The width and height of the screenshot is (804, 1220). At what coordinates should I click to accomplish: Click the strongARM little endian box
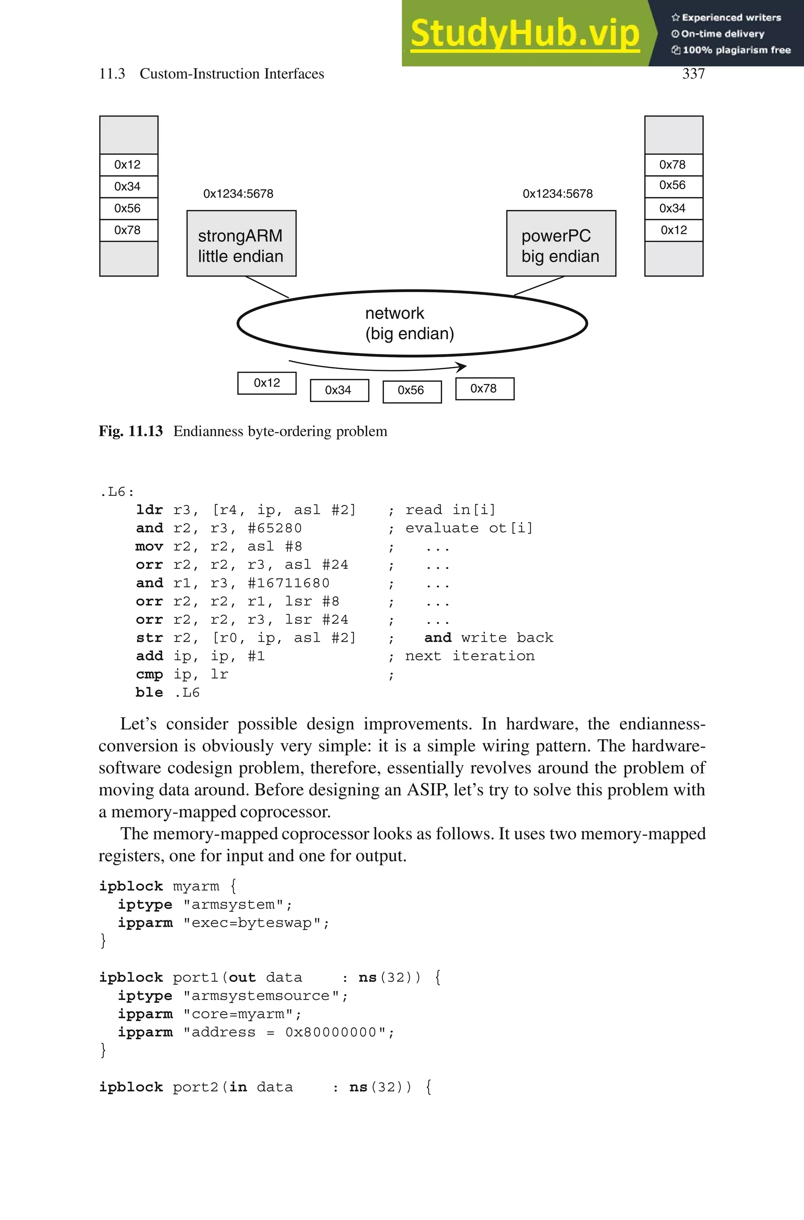pos(241,244)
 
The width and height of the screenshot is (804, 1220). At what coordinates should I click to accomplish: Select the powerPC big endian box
pos(561,244)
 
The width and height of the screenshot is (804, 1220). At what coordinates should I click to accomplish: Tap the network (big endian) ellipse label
pos(409,323)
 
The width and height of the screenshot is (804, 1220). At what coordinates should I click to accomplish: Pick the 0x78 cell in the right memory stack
pos(673,165)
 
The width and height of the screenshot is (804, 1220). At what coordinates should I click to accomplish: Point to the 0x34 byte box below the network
pos(339,391)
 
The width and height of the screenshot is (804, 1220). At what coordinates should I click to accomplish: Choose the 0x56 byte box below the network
pos(412,391)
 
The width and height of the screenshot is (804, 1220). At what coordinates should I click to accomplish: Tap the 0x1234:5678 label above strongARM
pos(238,194)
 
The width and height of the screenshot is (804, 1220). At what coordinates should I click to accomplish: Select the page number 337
pos(693,74)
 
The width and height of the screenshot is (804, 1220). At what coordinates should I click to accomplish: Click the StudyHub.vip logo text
pos(524,33)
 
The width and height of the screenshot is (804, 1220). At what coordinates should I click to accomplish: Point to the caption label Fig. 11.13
pos(131,431)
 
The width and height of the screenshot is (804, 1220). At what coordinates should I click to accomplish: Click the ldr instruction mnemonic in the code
pos(149,510)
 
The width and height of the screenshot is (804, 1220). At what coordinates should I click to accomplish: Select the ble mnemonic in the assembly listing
pos(149,693)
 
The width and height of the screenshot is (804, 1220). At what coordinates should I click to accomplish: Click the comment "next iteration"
pos(470,656)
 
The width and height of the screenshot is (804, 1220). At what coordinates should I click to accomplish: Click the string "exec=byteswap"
pos(256,923)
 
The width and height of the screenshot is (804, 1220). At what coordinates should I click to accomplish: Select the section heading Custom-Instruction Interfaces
pos(232,74)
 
